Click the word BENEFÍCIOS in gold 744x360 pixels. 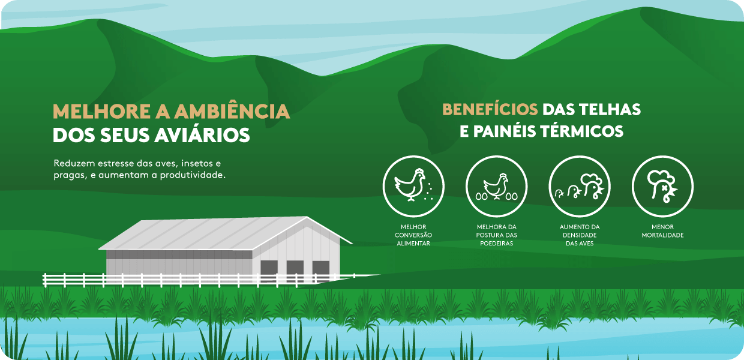490,110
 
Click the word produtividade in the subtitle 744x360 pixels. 193,175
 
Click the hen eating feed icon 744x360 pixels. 413,187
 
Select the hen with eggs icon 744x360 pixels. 497,187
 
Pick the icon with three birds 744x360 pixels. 580,187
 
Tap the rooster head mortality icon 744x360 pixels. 662,187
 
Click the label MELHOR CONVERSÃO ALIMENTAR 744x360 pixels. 413,235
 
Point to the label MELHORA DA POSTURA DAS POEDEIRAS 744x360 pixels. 497,235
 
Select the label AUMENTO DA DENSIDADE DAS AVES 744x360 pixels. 580,235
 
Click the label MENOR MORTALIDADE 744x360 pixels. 662,231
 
